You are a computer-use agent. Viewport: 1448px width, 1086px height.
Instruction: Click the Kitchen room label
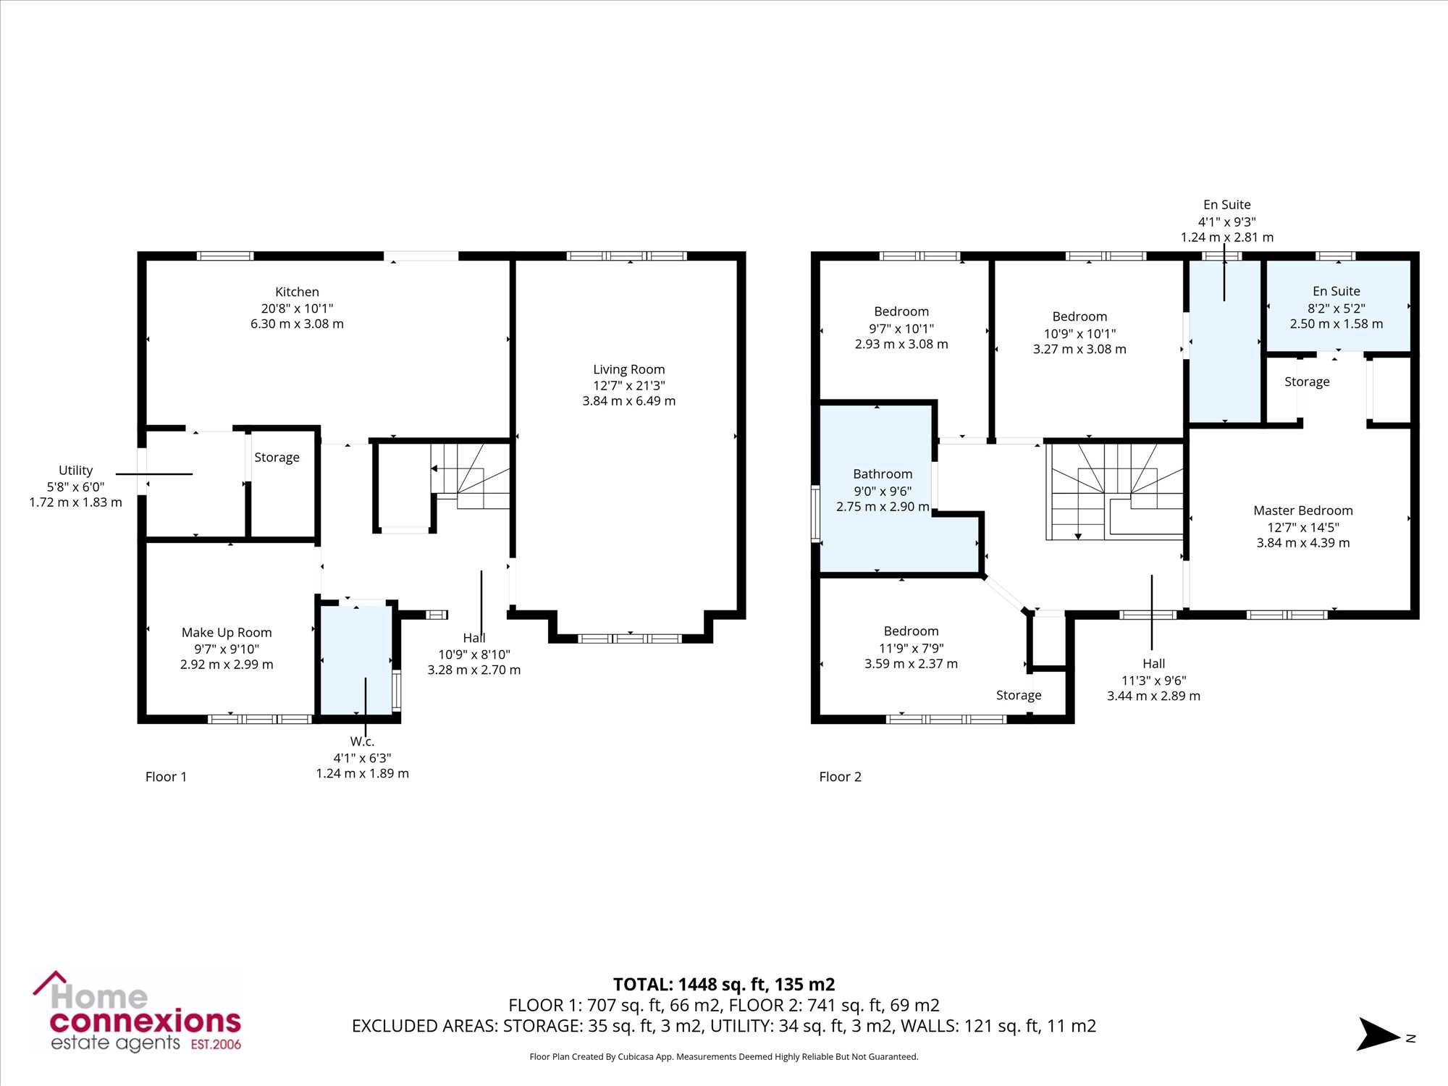click(297, 292)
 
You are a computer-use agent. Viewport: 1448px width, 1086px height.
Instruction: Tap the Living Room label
click(628, 369)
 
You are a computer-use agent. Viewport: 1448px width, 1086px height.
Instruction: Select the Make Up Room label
click(227, 633)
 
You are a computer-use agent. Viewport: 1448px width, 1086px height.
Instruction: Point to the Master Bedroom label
click(1303, 510)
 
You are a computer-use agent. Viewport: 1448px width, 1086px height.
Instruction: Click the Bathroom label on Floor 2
click(883, 474)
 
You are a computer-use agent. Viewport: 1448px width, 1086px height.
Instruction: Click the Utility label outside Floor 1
click(75, 471)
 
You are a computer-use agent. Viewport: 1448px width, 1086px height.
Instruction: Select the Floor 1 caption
click(166, 777)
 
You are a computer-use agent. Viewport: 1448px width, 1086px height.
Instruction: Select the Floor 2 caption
click(840, 777)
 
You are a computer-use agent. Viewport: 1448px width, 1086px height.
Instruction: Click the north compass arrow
click(1378, 1035)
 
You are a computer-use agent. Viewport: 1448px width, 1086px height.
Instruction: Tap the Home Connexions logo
click(137, 1011)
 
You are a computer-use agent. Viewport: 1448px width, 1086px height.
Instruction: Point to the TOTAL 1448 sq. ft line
click(724, 985)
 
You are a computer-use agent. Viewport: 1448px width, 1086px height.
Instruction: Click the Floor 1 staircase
click(471, 476)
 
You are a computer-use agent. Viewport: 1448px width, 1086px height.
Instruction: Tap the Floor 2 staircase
click(1115, 492)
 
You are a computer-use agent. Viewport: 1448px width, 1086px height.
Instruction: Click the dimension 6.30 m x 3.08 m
click(297, 324)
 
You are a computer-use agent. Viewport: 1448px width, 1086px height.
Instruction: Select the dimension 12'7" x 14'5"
click(1303, 527)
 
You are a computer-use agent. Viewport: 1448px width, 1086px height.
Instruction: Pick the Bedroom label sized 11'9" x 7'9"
click(911, 631)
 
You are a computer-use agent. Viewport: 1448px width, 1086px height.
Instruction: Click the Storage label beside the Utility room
click(277, 458)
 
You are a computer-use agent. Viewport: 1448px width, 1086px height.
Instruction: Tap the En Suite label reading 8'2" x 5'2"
click(1336, 291)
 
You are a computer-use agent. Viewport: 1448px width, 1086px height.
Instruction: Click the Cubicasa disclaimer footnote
click(724, 1057)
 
